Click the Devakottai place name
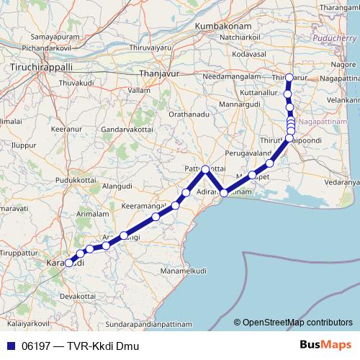(x=78, y=296)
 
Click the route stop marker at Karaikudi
(x=70, y=264)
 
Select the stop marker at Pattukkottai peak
(x=205, y=169)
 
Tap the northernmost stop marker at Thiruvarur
(x=289, y=78)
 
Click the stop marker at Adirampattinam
(x=224, y=193)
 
